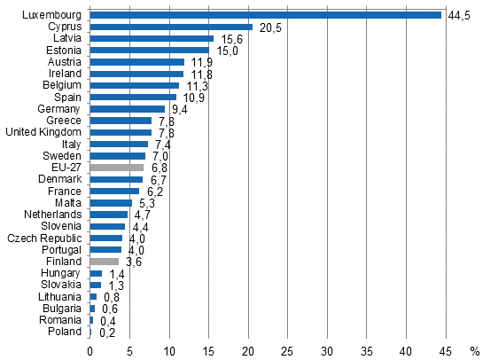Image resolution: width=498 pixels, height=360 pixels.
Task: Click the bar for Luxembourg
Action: coord(266,15)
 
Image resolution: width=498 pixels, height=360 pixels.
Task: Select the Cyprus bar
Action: coord(171,27)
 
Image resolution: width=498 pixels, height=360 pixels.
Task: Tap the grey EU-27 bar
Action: coord(116,167)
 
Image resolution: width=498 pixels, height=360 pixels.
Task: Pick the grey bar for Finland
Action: coord(104,261)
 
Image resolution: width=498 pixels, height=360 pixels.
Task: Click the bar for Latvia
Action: coord(152,39)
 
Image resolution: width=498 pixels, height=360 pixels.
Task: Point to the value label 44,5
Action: coord(459,16)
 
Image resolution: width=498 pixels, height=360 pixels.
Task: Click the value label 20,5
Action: coord(268,28)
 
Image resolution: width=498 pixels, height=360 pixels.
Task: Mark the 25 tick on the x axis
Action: coord(288,351)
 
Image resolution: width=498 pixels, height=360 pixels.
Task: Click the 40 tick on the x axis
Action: coord(407,351)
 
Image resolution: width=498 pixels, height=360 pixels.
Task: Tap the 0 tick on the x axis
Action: coord(89,351)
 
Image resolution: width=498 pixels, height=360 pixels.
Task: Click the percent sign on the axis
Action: coord(474,351)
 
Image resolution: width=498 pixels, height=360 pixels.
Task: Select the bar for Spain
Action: coord(133,97)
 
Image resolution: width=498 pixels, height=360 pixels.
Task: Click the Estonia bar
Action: coord(149,51)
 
